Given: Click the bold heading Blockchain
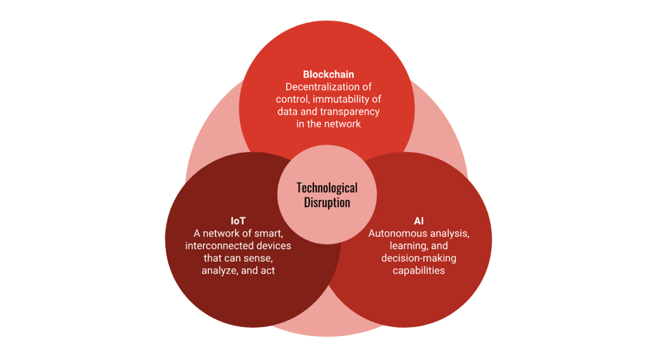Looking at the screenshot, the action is pos(329,75).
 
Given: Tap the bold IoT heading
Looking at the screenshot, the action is pos(238,221).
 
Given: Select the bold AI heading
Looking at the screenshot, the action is pos(419,221).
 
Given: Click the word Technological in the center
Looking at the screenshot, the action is pos(327,188).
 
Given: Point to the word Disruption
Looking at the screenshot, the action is pos(327,202).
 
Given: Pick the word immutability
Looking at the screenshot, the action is pos(342,99).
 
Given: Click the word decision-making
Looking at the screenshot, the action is pos(419,259).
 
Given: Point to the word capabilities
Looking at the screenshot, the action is pos(419,271).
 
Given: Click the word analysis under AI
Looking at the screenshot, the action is pos(450,234).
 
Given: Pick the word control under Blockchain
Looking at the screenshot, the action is pos(293,99).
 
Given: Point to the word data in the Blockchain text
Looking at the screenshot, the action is pos(287,112).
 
